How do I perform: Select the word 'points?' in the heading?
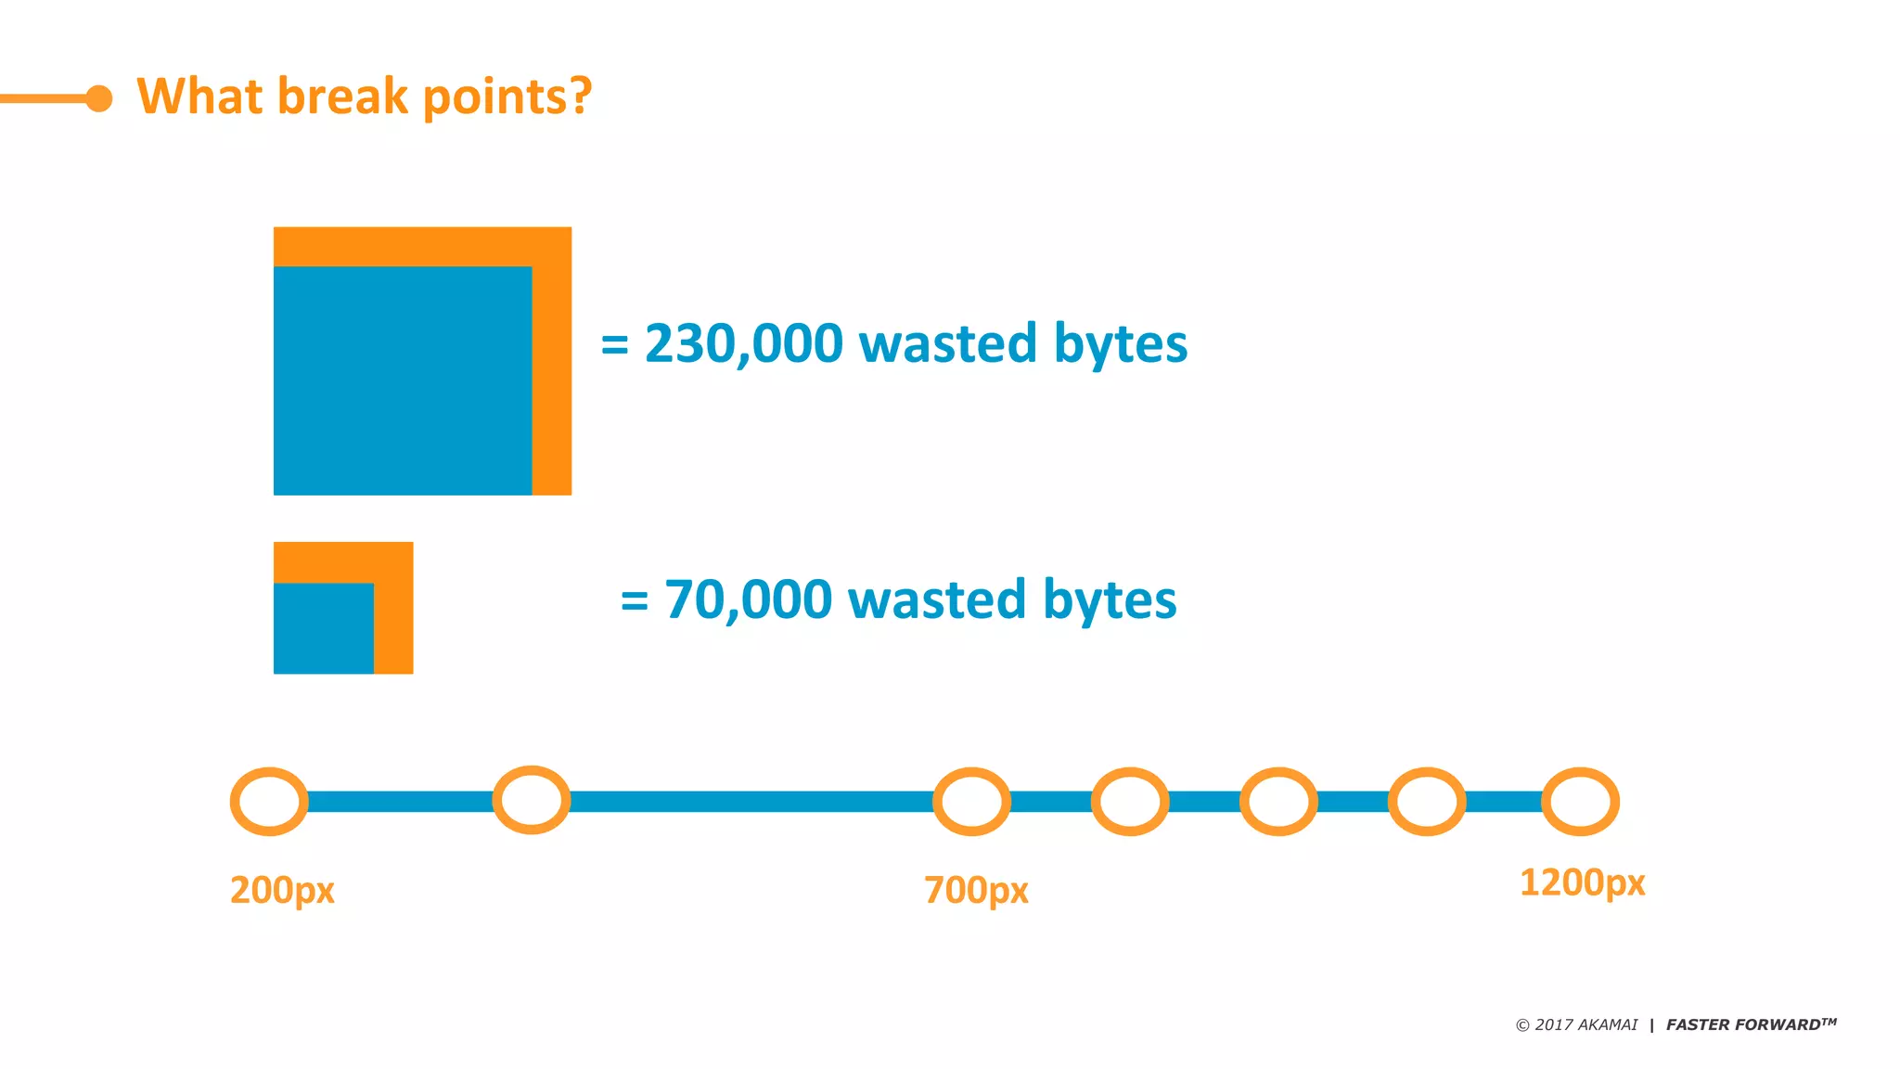click(x=507, y=97)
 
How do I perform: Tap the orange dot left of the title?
click(x=99, y=98)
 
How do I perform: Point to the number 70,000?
click(x=749, y=599)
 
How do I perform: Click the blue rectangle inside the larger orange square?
click(x=403, y=380)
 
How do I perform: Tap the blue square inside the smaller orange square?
click(x=324, y=628)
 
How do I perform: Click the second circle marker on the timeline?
click(x=532, y=800)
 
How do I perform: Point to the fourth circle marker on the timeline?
click(x=1130, y=802)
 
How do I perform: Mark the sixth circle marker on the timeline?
click(x=1427, y=802)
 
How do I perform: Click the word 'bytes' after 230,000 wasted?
click(x=1121, y=345)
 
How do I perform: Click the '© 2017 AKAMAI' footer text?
click(x=1576, y=1024)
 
